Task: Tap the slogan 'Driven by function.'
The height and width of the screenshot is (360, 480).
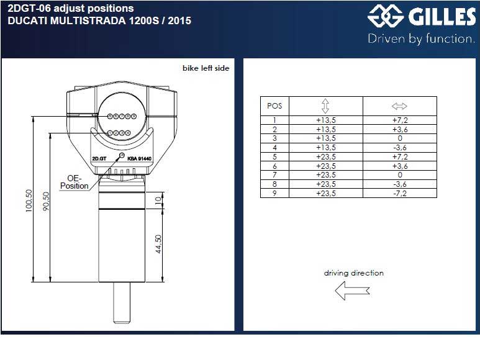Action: (421, 39)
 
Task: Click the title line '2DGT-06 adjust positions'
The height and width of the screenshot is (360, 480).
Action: (70, 9)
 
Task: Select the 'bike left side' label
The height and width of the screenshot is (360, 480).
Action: (206, 68)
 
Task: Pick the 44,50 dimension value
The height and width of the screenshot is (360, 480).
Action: (158, 243)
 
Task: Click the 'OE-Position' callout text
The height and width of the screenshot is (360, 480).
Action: (74, 182)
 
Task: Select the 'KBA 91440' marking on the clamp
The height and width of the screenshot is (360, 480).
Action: (140, 158)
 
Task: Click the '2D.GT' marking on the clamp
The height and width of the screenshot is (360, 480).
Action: (99, 158)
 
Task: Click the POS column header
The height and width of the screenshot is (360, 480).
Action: (274, 106)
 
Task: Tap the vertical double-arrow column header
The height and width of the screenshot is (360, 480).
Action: (326, 106)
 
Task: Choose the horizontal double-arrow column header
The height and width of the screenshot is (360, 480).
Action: (399, 106)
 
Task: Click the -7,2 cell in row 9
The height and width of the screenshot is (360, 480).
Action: (399, 194)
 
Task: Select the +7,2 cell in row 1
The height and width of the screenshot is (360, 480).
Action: (399, 120)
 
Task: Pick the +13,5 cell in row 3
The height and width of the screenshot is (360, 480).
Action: (326, 138)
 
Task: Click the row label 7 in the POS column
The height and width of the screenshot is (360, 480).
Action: (274, 175)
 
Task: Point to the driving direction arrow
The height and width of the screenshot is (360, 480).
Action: (352, 290)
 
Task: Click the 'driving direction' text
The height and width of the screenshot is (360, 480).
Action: (353, 273)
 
